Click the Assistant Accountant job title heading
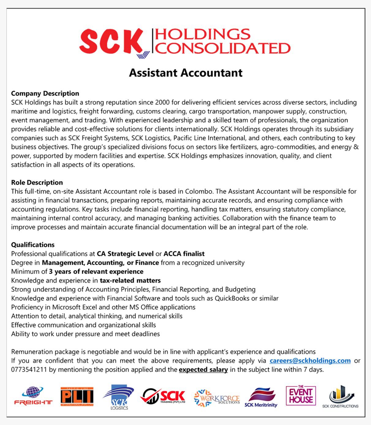point(185,73)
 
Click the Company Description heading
point(45,93)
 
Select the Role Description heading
point(37,183)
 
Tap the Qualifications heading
point(33,245)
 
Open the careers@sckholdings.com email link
point(310,361)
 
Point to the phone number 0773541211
point(29,370)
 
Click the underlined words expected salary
point(203,370)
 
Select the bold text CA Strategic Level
point(125,254)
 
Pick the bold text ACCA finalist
point(184,254)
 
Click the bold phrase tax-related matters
point(130,280)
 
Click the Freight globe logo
point(33,396)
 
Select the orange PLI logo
point(77,397)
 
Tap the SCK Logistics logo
point(119,397)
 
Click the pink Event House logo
point(301,396)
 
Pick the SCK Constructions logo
point(340,397)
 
